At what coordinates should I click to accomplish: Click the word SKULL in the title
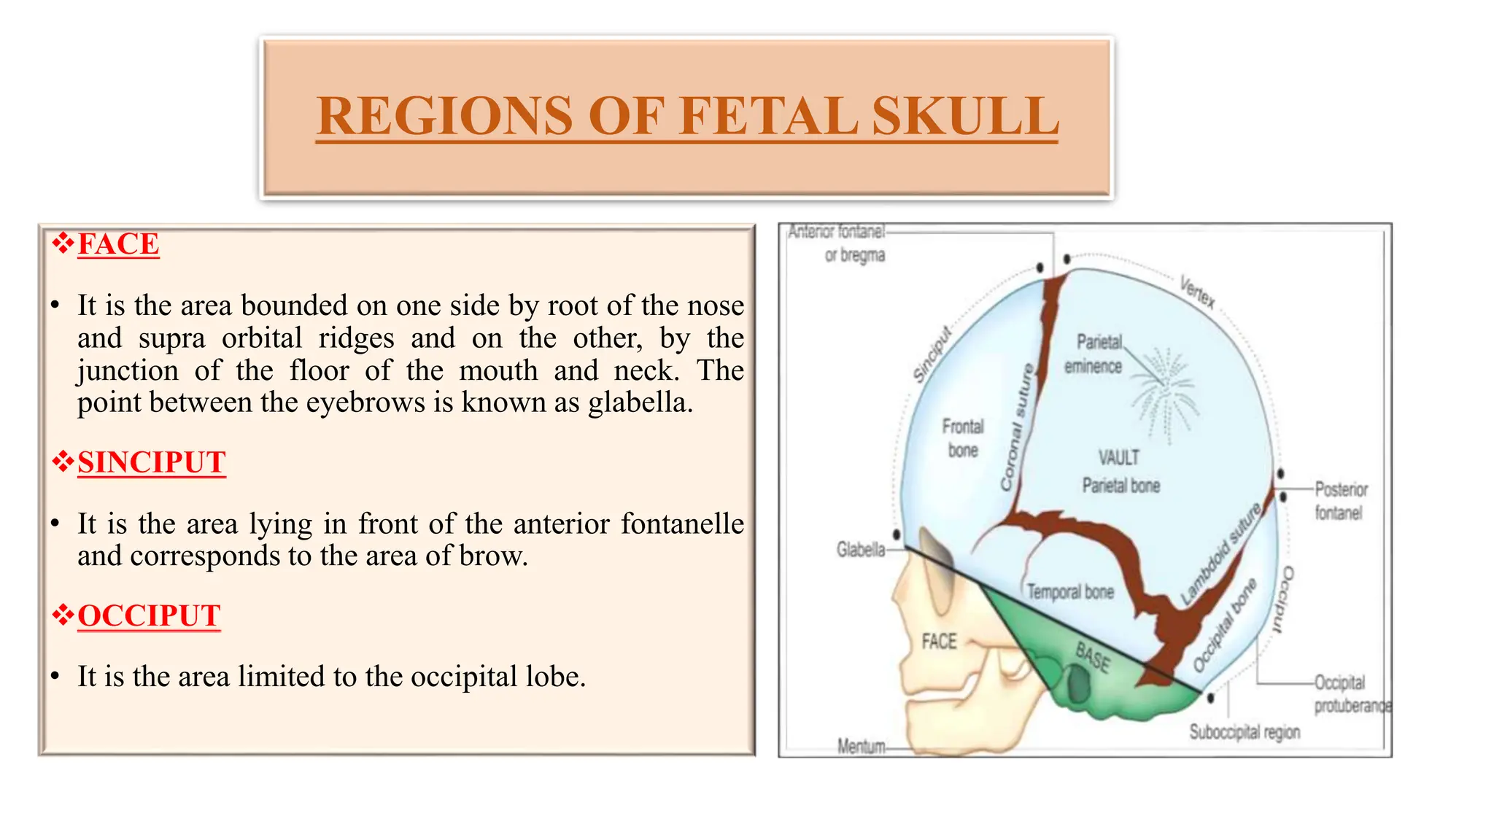click(964, 116)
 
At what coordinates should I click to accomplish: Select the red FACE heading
click(118, 244)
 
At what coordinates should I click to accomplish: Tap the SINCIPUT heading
click(152, 462)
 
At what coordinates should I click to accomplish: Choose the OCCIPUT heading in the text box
click(149, 615)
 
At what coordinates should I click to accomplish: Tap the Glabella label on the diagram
click(861, 549)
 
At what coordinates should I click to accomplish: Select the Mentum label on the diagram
click(861, 746)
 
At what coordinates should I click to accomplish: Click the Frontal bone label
click(963, 437)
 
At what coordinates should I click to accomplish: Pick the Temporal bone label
click(1070, 591)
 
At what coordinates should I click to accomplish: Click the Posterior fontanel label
click(1341, 501)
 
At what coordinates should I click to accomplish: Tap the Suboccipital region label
click(1245, 731)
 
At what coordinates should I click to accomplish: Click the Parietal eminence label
click(1094, 354)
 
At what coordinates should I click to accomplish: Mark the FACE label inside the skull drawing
click(939, 642)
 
